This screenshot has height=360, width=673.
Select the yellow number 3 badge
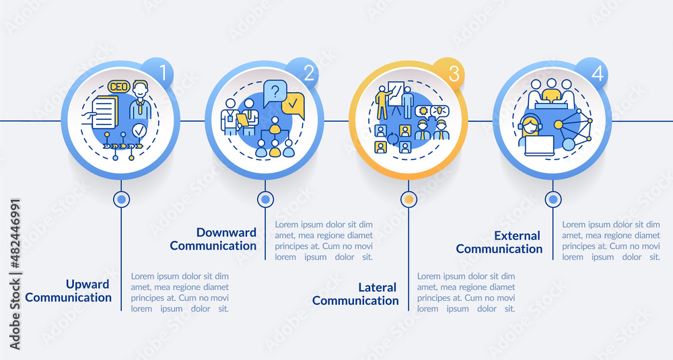[452, 73]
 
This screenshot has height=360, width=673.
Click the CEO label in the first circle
[118, 87]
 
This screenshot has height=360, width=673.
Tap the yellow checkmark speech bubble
[293, 106]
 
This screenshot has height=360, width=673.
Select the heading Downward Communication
[213, 239]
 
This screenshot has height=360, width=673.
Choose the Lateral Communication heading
[356, 294]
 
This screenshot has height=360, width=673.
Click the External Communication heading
[499, 242]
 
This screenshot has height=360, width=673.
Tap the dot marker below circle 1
[121, 199]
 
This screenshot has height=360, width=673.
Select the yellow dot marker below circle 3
[408, 199]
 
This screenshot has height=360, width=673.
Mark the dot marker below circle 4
[553, 199]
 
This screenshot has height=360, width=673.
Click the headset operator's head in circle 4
[529, 125]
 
